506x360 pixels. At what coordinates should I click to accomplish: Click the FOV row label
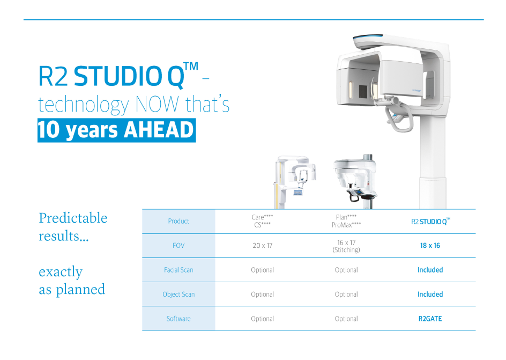tap(178, 246)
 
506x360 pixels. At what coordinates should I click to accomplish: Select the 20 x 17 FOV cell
tap(262, 246)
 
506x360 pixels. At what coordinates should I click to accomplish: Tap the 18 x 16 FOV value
tap(430, 246)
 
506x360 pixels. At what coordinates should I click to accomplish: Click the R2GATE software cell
tap(430, 319)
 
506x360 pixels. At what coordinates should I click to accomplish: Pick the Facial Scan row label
tap(178, 270)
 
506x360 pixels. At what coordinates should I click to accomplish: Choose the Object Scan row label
tap(178, 295)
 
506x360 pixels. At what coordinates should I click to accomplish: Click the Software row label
tap(178, 319)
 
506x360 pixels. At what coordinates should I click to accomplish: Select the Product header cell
tap(178, 221)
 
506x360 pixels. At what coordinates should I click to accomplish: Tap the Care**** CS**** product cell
tap(262, 221)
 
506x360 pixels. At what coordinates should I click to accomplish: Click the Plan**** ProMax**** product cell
tap(346, 221)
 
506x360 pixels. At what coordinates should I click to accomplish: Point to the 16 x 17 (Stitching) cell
tap(346, 246)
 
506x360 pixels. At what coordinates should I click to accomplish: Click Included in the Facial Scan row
tap(430, 270)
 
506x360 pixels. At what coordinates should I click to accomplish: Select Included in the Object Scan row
tap(430, 295)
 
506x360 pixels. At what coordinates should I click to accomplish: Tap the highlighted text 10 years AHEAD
tap(116, 131)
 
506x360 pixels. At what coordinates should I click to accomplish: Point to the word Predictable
tap(73, 218)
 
